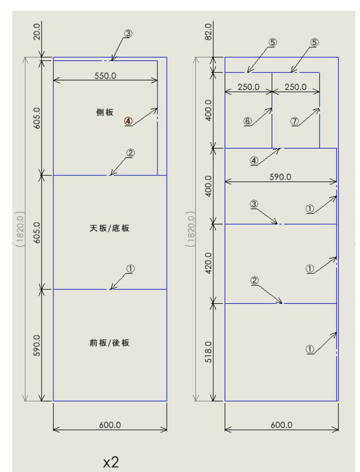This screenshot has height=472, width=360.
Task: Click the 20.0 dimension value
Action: point(37,32)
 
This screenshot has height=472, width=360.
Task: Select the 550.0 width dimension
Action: point(105,75)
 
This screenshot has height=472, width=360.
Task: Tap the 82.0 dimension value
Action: point(208,32)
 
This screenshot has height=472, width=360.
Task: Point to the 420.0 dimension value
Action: point(208,263)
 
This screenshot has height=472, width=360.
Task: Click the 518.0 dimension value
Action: point(208,352)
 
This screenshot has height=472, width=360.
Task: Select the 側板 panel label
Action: point(105,112)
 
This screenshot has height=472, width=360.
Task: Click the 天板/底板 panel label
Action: point(110,228)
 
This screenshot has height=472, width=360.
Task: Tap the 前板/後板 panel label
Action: point(110,343)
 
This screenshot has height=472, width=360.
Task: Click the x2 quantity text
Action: point(111,462)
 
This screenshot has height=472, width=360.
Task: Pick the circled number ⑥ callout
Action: point(247,121)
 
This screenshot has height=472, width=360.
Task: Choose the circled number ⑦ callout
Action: point(294,121)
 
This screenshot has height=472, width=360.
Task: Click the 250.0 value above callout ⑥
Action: point(249,87)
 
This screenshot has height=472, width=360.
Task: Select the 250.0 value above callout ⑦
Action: point(295,87)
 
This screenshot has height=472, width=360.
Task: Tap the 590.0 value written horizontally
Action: point(280,176)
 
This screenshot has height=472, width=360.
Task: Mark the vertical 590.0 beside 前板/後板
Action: point(37,345)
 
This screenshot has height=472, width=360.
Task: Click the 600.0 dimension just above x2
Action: point(110,425)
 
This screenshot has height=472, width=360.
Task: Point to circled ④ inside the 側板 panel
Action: point(128,121)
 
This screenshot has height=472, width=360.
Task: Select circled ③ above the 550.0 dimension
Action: point(128,33)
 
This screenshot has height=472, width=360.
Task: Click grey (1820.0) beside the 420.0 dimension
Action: point(191,229)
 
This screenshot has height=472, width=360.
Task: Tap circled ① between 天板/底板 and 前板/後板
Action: point(130,268)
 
